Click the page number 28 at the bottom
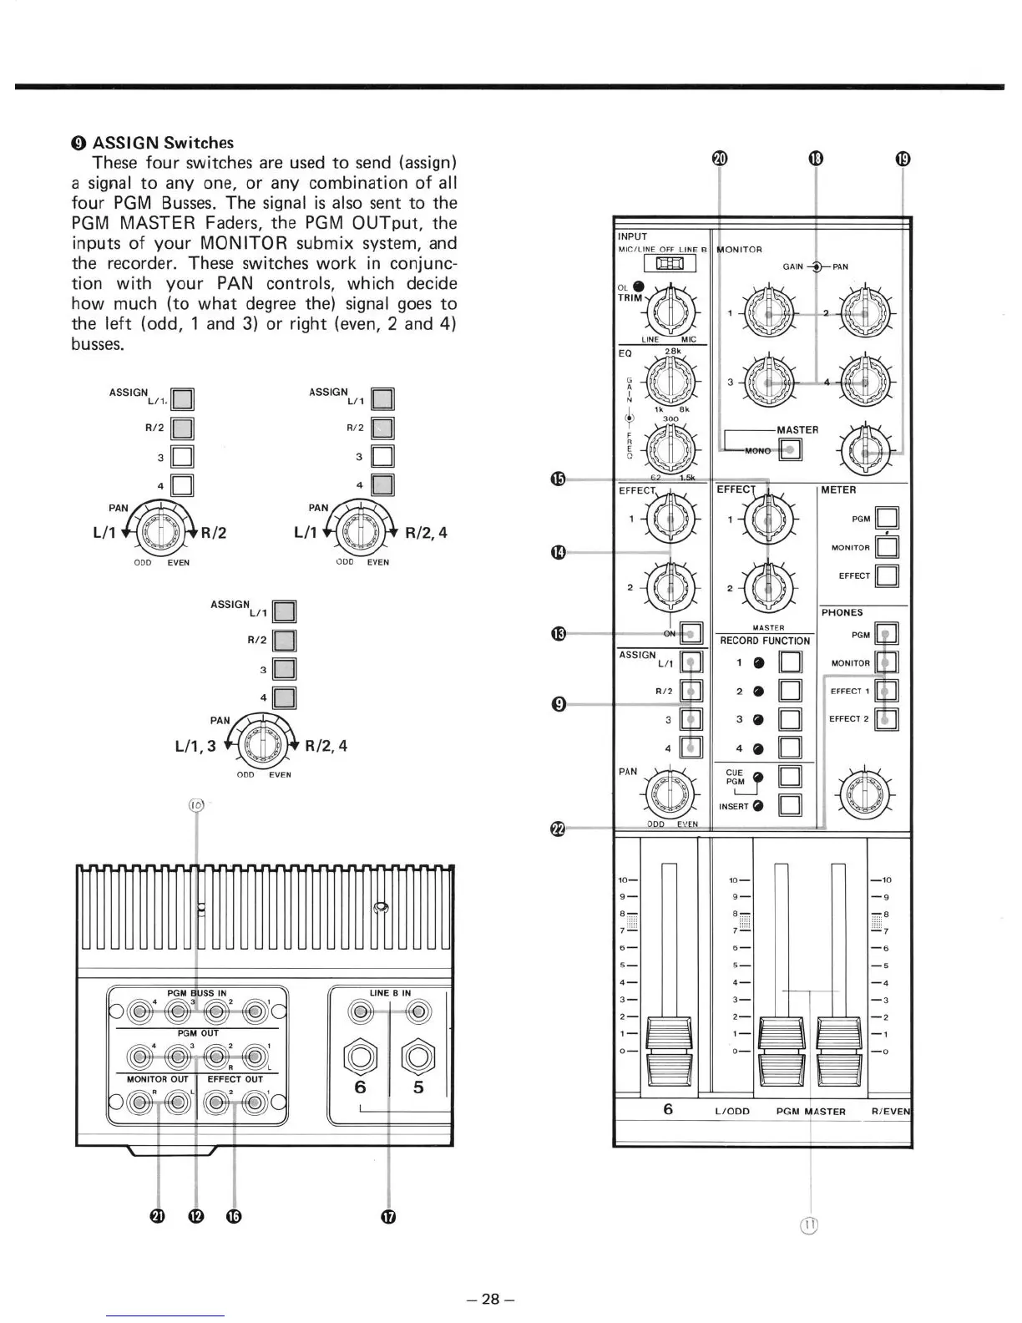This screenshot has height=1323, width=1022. pos(491,1299)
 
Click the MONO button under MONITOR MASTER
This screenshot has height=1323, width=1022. pos(790,450)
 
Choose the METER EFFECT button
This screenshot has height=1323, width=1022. pos(887,575)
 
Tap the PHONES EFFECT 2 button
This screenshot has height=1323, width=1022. pos(887,719)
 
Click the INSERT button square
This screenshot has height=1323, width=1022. pos(790,805)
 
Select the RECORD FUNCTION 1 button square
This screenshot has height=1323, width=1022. pos(790,663)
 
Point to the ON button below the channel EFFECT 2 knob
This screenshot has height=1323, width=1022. pos(691,633)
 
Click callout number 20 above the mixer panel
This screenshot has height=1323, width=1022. pos(720,159)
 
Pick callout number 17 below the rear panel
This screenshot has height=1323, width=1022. pos(388,1216)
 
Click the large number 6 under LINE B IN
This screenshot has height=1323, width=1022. pos(360,1087)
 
